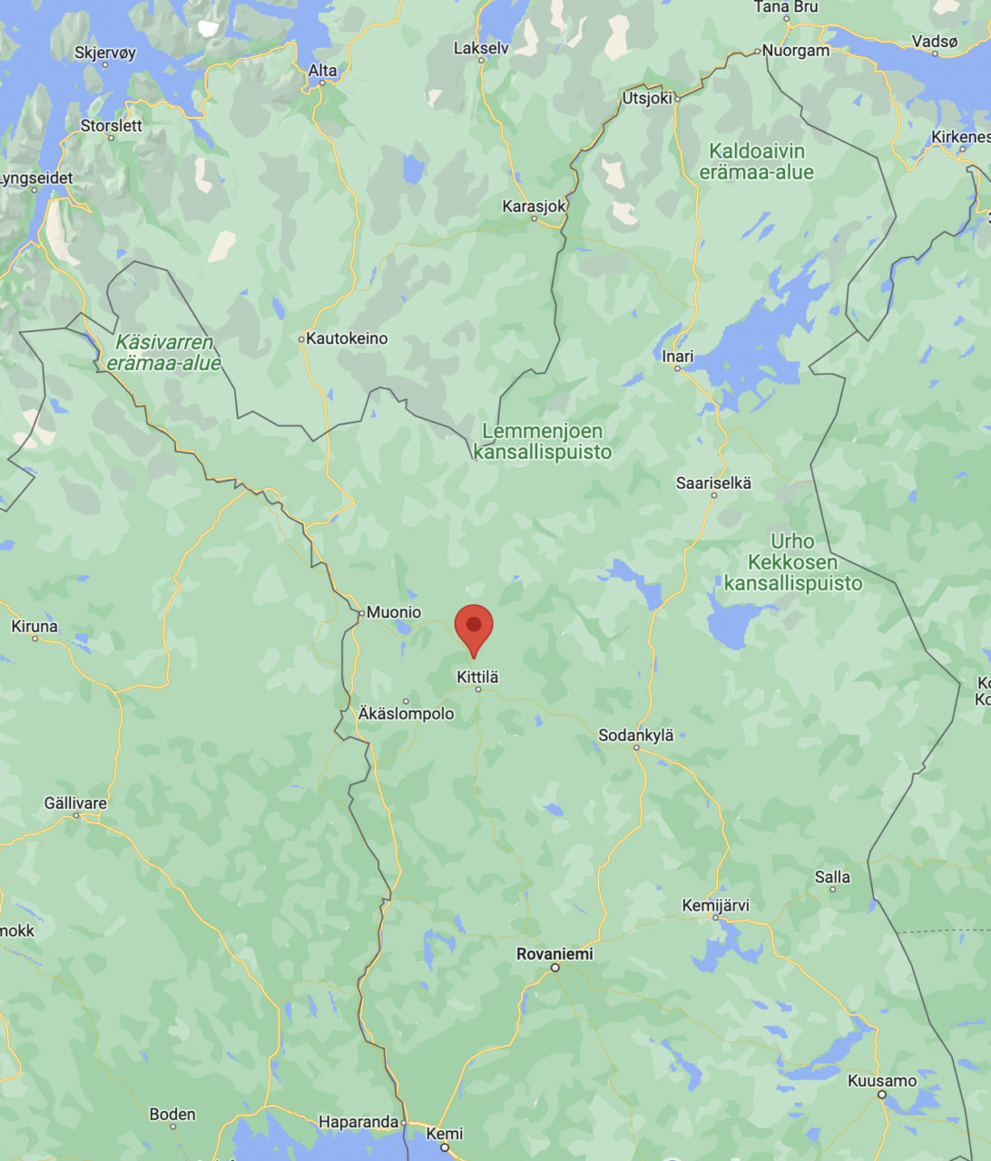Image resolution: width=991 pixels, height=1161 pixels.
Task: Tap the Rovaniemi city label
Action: point(554,953)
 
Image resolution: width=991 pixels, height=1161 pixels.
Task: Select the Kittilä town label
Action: point(477,677)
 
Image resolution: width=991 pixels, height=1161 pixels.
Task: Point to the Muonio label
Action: point(394,612)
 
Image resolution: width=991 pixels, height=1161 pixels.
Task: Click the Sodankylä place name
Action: point(635,735)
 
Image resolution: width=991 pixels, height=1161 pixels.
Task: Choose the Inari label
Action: point(678,356)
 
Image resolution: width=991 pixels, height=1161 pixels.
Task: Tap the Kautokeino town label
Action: point(347,338)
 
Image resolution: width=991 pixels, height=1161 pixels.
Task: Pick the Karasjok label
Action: point(534,207)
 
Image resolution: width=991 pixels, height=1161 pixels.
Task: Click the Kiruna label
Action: point(34,626)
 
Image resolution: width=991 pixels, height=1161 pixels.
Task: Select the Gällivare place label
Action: point(75,803)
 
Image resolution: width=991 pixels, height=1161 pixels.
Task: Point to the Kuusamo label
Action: point(882,1080)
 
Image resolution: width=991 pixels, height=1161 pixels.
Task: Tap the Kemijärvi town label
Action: point(716,905)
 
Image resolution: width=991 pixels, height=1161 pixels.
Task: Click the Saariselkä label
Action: point(713,483)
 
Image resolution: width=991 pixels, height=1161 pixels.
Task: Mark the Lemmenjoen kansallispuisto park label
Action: point(543,441)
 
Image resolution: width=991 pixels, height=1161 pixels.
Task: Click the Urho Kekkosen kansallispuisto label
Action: point(792,562)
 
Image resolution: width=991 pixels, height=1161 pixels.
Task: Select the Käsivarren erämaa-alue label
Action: point(163,353)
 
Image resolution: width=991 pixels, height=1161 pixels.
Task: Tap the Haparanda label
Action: point(359,1122)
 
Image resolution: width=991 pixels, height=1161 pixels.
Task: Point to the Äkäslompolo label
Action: point(406,714)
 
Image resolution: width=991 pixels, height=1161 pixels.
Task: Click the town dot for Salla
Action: point(832,889)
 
